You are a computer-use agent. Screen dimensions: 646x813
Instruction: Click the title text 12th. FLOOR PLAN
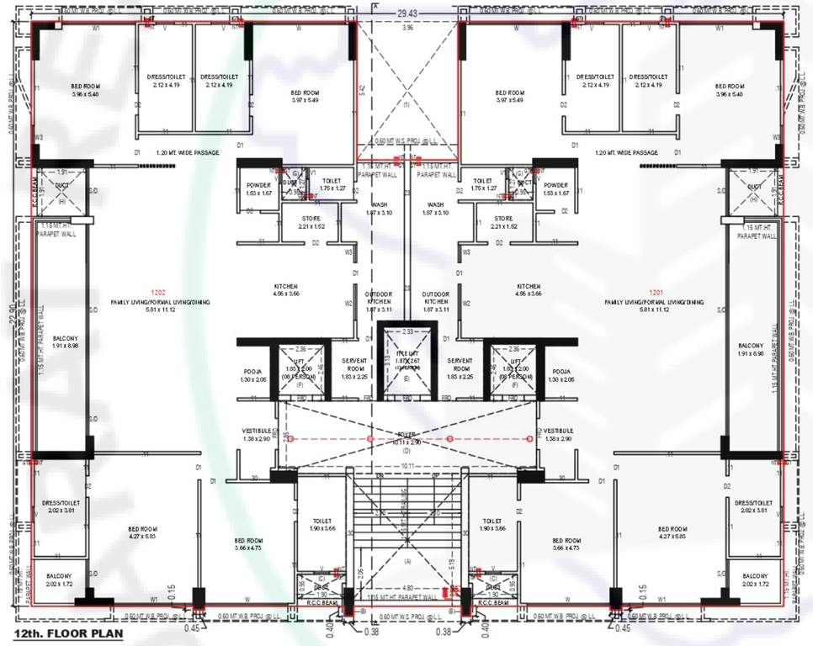pyautogui.click(x=63, y=633)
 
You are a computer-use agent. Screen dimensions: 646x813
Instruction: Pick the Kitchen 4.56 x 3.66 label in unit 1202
pyautogui.click(x=286, y=290)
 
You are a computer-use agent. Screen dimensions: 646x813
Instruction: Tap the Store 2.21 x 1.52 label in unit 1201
pyautogui.click(x=503, y=222)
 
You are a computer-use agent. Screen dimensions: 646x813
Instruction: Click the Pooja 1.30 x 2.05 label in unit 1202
pyautogui.click(x=253, y=375)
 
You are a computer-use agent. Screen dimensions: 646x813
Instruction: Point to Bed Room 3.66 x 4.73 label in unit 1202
pyautogui.click(x=248, y=543)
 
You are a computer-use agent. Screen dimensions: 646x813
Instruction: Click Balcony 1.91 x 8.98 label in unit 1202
pyautogui.click(x=59, y=349)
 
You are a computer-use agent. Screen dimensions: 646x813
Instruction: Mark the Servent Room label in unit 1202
pyautogui.click(x=353, y=368)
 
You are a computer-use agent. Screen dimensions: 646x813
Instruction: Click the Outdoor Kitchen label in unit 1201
pyautogui.click(x=435, y=302)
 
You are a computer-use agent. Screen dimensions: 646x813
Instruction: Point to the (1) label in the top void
pyautogui.click(x=406, y=106)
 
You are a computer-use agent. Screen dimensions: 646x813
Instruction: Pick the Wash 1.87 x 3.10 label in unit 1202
pyautogui.click(x=378, y=209)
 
